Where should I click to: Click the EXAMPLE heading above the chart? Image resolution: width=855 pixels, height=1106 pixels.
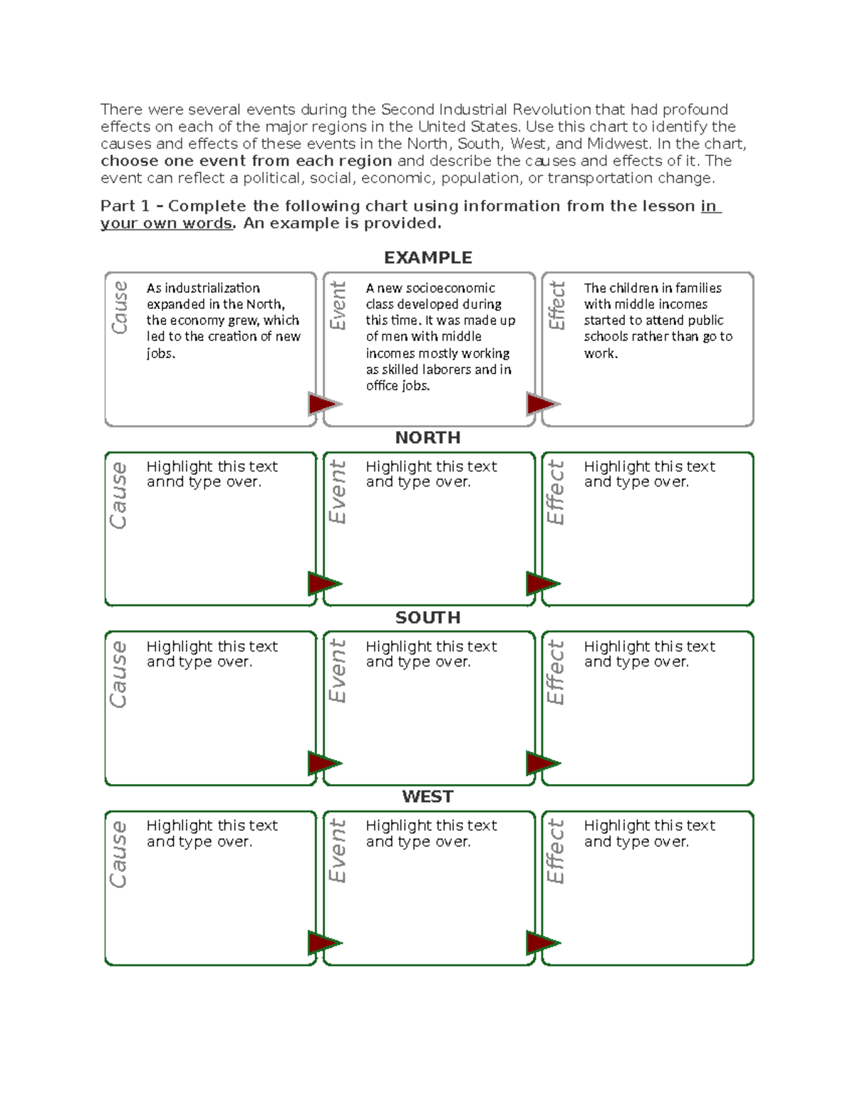(427, 258)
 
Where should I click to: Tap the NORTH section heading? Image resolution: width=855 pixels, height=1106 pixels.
(427, 437)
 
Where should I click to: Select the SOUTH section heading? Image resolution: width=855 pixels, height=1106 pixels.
(427, 617)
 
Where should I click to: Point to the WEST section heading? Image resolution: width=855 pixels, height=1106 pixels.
(427, 796)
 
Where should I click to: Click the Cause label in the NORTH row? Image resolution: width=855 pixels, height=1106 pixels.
(118, 496)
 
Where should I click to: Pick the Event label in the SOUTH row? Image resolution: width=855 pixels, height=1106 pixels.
(337, 671)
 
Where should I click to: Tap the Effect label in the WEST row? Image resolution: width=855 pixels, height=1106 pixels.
(555, 851)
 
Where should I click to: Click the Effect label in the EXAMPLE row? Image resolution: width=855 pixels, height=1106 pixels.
(556, 306)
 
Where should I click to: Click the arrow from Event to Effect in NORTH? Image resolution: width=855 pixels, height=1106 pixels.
(542, 584)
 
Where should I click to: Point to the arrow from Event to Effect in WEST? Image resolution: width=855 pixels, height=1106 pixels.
(542, 943)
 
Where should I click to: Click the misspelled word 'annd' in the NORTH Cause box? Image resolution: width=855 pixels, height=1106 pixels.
(165, 482)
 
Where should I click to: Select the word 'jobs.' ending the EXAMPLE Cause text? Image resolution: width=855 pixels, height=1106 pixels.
(160, 353)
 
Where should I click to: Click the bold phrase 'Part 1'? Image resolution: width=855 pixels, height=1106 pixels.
(125, 207)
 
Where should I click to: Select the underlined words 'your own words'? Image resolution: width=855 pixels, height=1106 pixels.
(166, 224)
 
